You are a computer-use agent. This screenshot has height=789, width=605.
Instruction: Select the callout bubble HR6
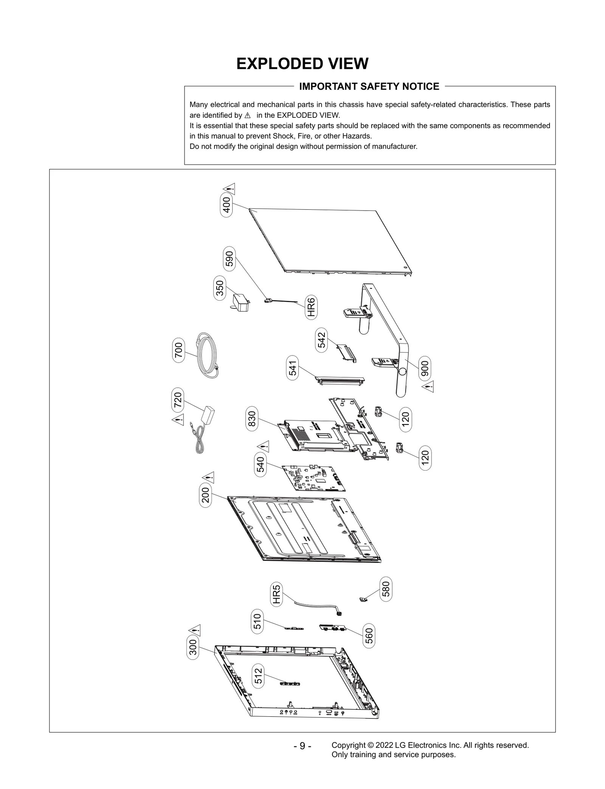point(311,307)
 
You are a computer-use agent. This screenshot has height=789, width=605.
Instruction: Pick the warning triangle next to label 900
point(428,387)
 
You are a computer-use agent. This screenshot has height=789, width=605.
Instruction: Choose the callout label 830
point(251,419)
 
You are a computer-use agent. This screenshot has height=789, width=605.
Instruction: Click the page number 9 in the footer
point(302,746)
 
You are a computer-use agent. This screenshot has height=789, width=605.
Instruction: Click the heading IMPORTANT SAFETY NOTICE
point(369,87)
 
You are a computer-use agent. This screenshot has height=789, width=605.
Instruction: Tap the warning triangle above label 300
point(195,630)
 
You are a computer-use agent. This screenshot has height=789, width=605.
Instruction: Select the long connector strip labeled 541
point(340,380)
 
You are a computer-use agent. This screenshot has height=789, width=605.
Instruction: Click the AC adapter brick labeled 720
point(209,416)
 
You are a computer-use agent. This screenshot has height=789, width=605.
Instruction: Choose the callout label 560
point(369,636)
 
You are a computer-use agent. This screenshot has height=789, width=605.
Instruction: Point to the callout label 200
point(205,497)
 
